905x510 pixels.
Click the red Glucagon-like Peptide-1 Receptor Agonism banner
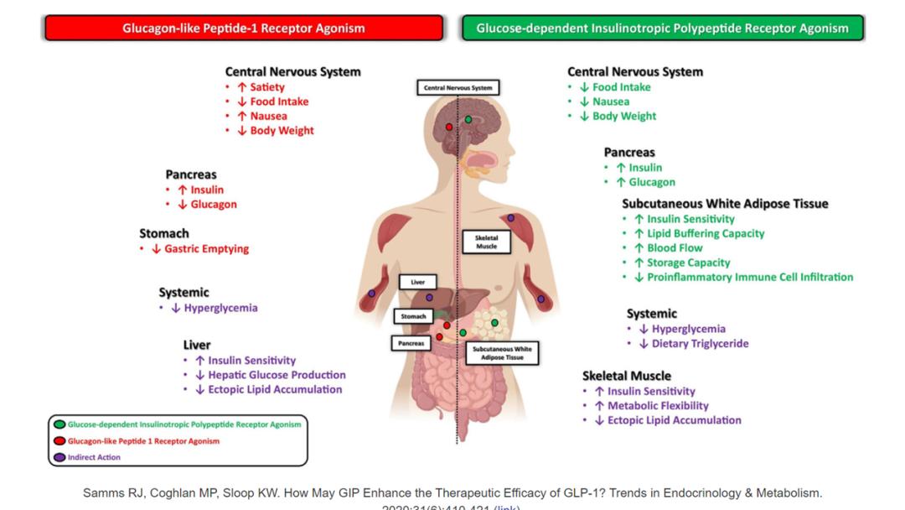click(243, 28)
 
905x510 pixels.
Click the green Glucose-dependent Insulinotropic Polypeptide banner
click(662, 28)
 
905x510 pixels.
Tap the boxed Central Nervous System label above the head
click(458, 87)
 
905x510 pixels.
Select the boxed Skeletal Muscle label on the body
click(486, 242)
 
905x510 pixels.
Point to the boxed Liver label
click(417, 283)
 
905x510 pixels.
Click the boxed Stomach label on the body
click(413, 316)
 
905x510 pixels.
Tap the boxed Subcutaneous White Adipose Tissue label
click(501, 352)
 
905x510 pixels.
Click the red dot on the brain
click(450, 127)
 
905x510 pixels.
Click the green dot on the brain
click(468, 120)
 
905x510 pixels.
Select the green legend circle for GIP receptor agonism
click(59, 424)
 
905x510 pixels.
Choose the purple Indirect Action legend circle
click(59, 457)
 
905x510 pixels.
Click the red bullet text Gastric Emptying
click(206, 248)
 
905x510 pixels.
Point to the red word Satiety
click(267, 86)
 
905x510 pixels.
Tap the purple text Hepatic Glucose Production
click(277, 375)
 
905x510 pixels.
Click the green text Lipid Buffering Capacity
click(706, 233)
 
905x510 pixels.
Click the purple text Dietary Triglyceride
click(700, 343)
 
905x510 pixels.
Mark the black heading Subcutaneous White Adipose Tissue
click(725, 204)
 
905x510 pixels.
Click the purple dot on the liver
click(429, 298)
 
